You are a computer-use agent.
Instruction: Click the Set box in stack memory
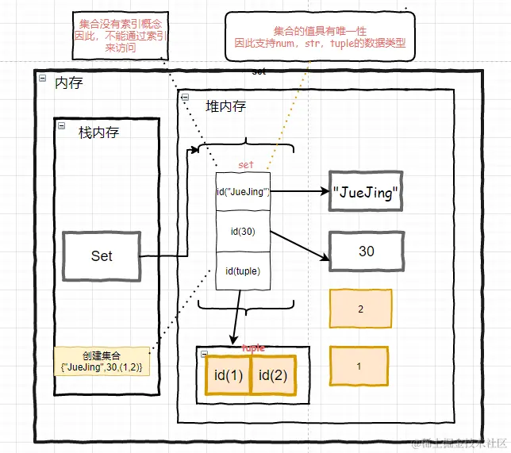pyautogui.click(x=101, y=255)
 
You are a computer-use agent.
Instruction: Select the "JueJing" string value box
pyautogui.click(x=365, y=193)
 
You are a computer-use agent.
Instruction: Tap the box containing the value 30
pyautogui.click(x=366, y=251)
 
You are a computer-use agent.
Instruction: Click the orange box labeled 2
pyautogui.click(x=360, y=309)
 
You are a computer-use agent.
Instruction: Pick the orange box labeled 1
pyautogui.click(x=359, y=367)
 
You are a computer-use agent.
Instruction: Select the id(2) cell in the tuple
pyautogui.click(x=274, y=374)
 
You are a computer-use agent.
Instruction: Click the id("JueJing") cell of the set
pyautogui.click(x=243, y=191)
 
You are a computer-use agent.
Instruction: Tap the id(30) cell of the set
pyautogui.click(x=243, y=232)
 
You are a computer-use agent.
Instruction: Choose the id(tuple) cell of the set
pyautogui.click(x=243, y=271)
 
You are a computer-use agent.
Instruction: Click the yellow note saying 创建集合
pyautogui.click(x=102, y=362)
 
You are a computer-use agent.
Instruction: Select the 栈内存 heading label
pyautogui.click(x=98, y=132)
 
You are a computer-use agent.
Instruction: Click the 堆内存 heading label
pyautogui.click(x=225, y=106)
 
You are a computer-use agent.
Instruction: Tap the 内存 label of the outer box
pyautogui.click(x=68, y=83)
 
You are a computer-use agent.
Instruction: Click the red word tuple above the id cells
pyautogui.click(x=252, y=347)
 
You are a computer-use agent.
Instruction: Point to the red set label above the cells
pyautogui.click(x=246, y=165)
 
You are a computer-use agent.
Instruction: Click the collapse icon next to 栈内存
pyautogui.click(x=61, y=126)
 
